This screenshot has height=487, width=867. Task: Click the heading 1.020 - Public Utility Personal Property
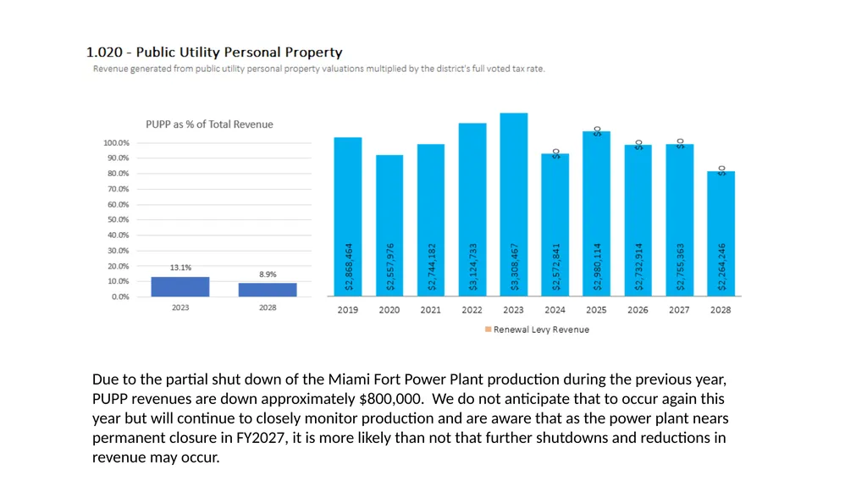coord(214,52)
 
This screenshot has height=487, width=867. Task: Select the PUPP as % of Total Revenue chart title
coord(210,125)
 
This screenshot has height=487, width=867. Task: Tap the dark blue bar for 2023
coord(180,286)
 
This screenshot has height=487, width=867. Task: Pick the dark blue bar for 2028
coord(268,290)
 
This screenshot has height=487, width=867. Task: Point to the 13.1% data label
coord(180,268)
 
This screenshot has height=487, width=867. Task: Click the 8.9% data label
coord(268,274)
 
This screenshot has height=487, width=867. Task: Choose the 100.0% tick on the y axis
coord(116,143)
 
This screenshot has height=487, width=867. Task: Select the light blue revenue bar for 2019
coord(348,216)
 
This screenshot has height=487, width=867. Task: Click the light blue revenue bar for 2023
coord(514,204)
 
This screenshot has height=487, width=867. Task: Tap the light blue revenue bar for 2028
coord(721,234)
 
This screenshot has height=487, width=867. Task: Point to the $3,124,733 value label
coord(472,267)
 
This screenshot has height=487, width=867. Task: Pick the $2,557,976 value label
coord(389,267)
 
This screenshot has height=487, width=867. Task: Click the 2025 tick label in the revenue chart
coord(596,310)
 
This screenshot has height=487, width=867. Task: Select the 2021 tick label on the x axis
coord(430,310)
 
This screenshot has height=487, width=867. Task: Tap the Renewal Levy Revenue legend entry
coord(537,329)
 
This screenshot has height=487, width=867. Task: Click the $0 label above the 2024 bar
coord(556,154)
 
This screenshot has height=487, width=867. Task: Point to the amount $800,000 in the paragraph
coord(391,399)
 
